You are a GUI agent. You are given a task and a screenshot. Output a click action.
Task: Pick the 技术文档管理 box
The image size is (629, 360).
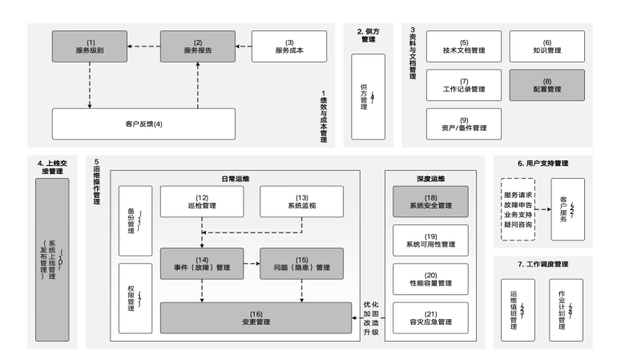(x=464, y=47)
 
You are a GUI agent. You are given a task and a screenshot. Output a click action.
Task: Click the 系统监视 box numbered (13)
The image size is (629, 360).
(x=302, y=201)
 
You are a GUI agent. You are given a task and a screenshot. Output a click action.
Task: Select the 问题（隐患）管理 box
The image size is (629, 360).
(x=302, y=262)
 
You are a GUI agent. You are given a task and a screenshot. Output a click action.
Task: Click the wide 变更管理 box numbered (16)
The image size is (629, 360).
(x=252, y=318)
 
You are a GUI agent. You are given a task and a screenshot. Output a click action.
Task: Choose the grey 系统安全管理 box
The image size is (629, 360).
(x=430, y=201)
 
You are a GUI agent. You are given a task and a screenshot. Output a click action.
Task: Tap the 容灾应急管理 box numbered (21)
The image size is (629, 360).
(x=430, y=318)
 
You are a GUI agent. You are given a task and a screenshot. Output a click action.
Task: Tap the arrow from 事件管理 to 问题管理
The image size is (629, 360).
(x=251, y=262)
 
